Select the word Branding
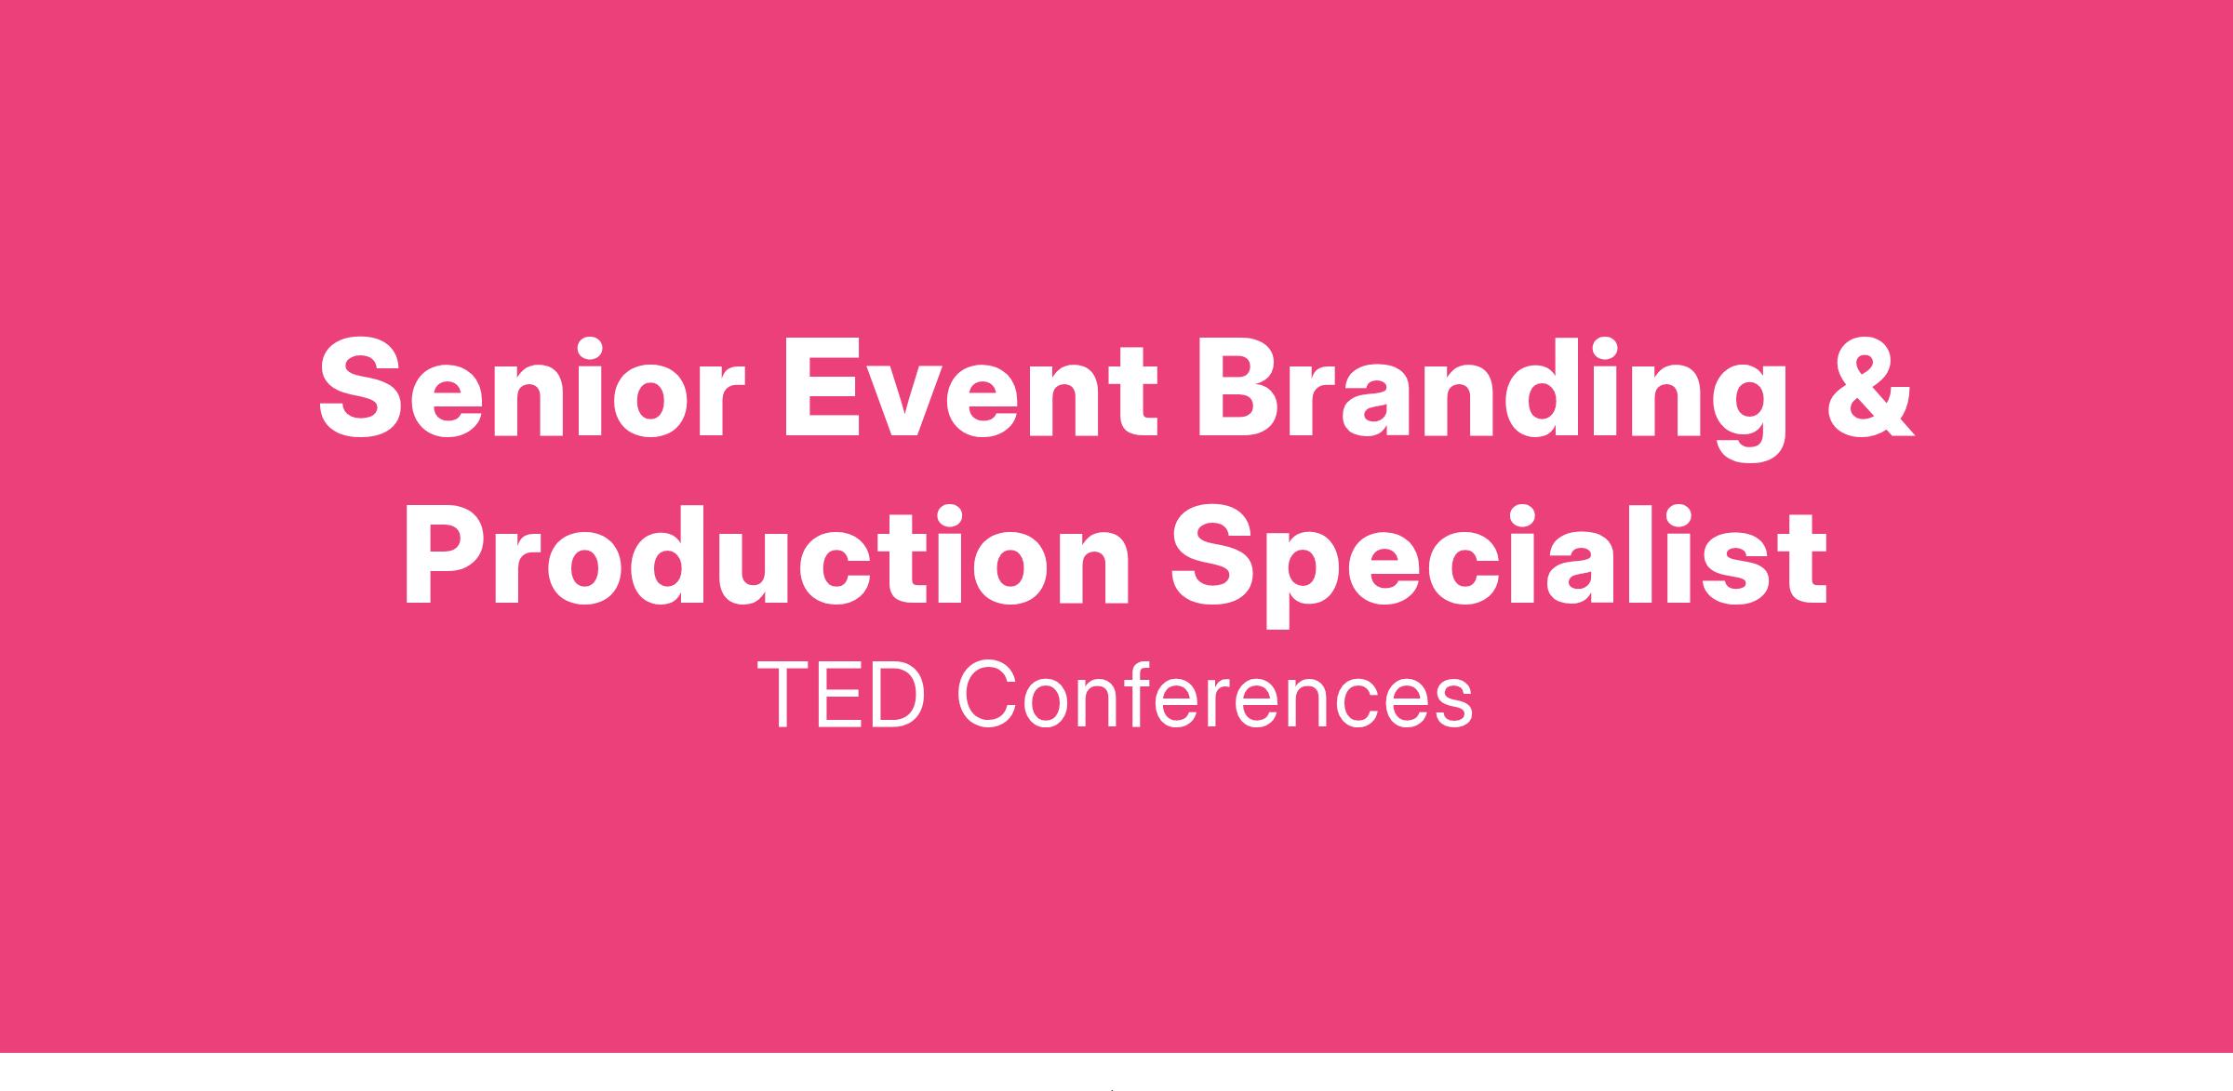(x=1491, y=400)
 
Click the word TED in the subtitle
(x=842, y=696)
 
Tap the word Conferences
(x=1214, y=696)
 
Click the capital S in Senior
(x=361, y=386)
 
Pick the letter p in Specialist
(x=1303, y=579)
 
